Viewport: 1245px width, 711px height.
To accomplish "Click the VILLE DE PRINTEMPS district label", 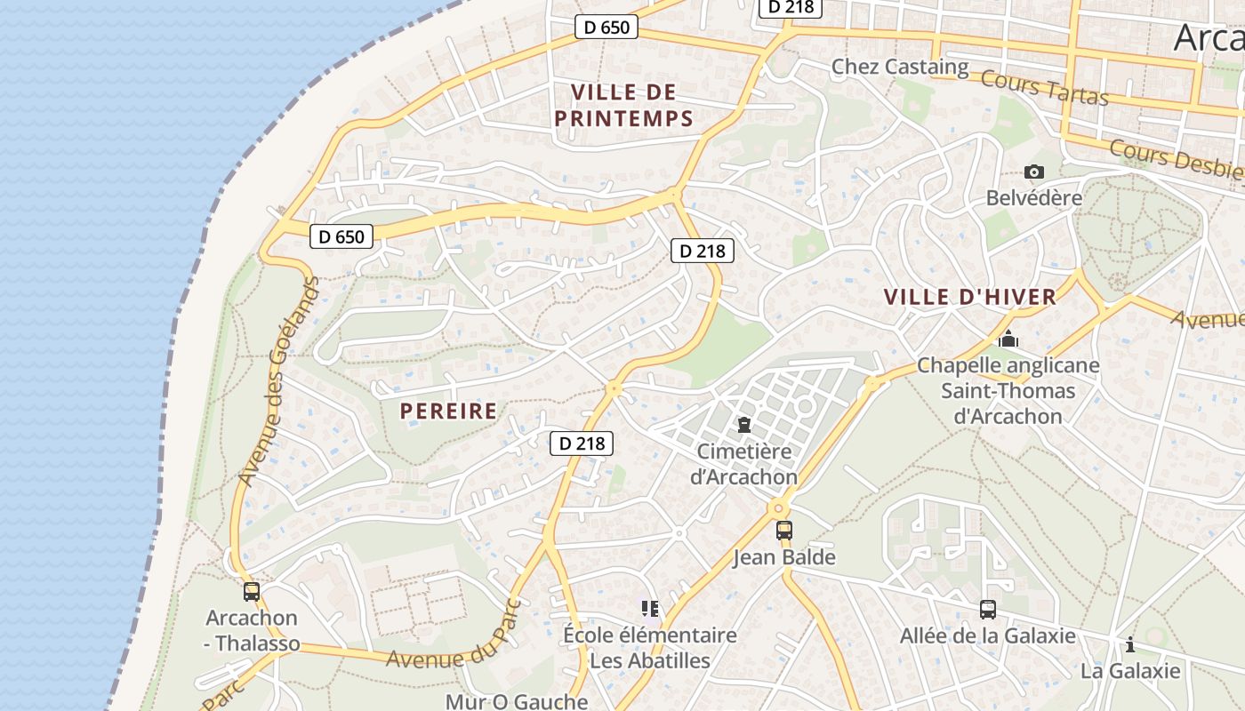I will [623, 105].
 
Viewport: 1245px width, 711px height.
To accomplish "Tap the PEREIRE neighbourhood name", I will [448, 411].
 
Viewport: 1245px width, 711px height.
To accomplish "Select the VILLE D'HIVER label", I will [970, 297].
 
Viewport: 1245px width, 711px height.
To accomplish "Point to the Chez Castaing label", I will [900, 67].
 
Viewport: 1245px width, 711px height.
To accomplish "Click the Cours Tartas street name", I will [1045, 87].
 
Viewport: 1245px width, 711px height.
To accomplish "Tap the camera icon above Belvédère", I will [1034, 172].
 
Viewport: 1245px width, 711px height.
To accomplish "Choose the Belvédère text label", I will [1034, 197].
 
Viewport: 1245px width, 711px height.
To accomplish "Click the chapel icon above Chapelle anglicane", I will [1008, 339].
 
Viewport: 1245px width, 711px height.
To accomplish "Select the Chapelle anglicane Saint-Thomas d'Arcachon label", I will [1008, 390].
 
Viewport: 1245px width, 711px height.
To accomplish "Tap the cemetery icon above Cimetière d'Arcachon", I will [744, 426].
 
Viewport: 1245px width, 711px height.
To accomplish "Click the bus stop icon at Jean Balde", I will [783, 531].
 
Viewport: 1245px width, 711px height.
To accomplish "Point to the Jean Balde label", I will [783, 557].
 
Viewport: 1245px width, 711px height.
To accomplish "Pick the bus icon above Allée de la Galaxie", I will [987, 610].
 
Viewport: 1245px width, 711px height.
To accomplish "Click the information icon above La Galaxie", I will [1130, 644].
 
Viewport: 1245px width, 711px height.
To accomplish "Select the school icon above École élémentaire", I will [650, 609].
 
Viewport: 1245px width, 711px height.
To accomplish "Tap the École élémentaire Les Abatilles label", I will [650, 648].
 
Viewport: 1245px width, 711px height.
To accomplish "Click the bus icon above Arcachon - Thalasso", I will [252, 591].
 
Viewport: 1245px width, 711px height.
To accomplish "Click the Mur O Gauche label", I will [517, 701].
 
